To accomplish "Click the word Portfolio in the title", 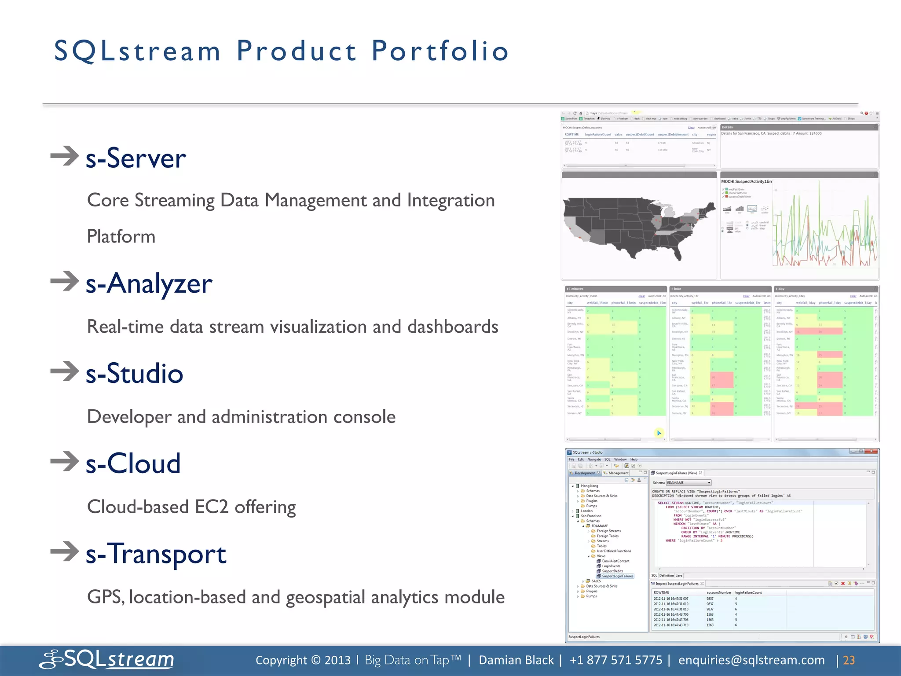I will click(440, 51).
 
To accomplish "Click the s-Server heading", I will click(136, 158).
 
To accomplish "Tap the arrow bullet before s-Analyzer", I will click(65, 281).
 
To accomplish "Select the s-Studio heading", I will click(134, 373).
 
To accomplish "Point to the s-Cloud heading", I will click(133, 463).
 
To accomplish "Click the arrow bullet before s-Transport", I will click(65, 551).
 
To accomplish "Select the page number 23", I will click(849, 660).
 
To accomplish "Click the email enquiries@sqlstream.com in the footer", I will click(751, 660).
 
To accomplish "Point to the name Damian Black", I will click(516, 660).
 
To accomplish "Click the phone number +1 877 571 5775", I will click(615, 660).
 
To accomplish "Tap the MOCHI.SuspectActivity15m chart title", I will click(747, 181).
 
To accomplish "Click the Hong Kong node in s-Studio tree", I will click(589, 486).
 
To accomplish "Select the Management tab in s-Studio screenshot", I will click(618, 473).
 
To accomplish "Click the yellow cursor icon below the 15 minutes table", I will click(659, 433).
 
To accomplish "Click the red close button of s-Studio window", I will click(871, 452).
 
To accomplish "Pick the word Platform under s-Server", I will click(121, 237).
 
